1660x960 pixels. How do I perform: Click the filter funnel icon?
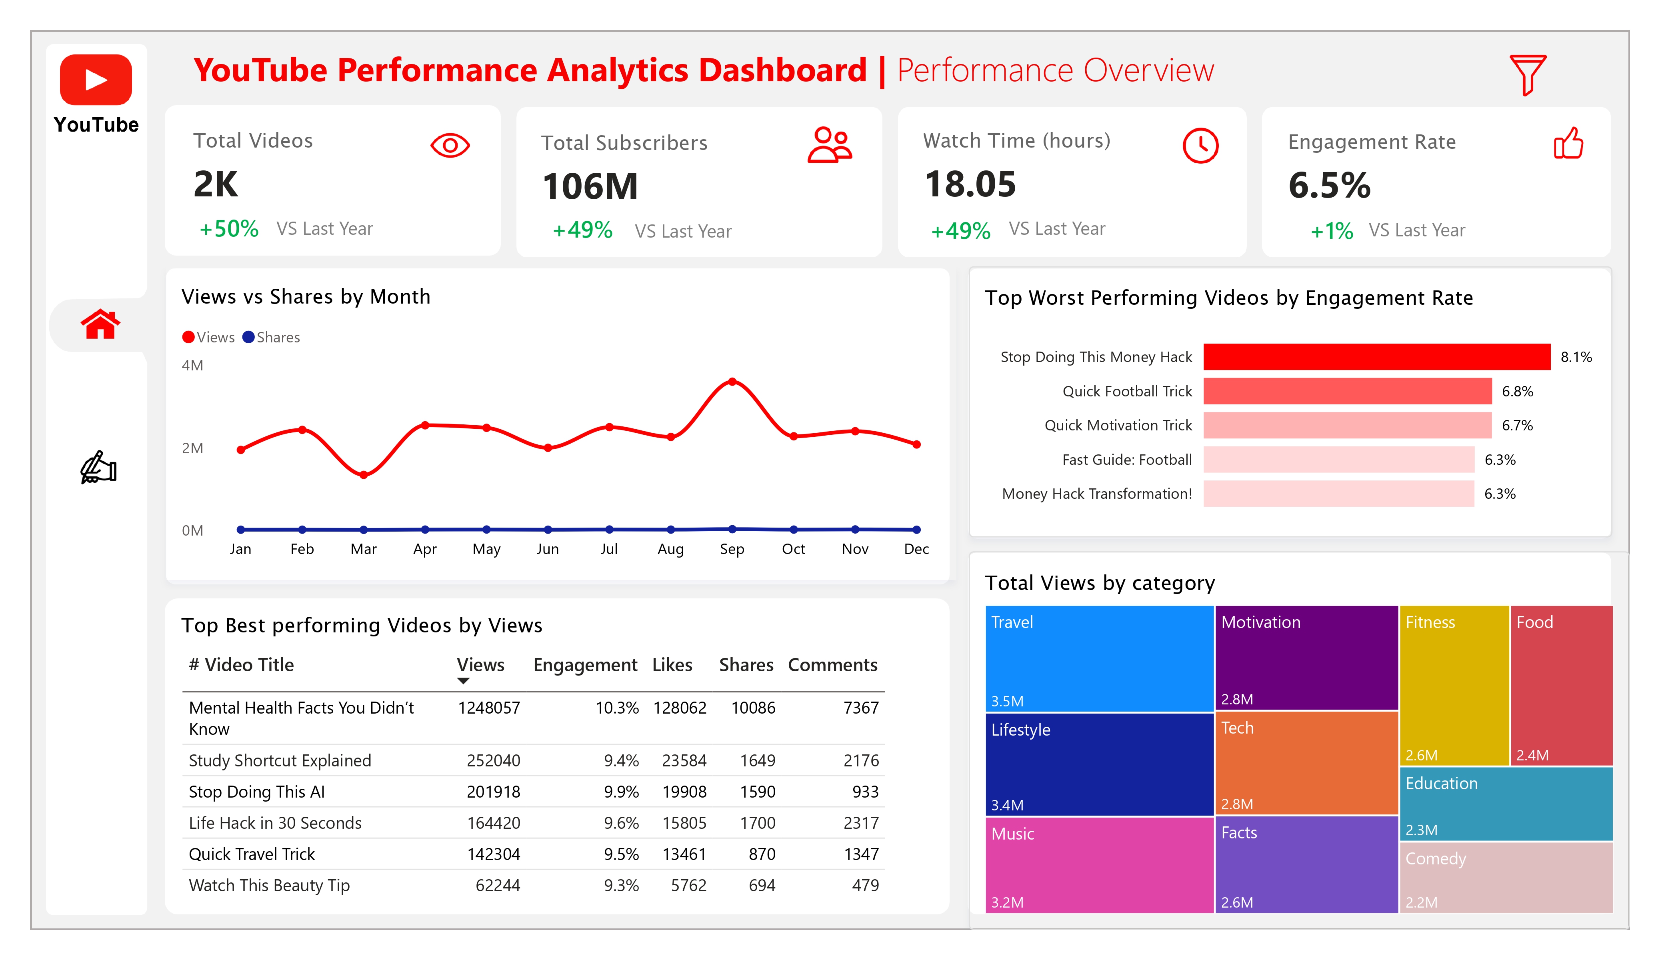pos(1526,74)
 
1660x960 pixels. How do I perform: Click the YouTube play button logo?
pos(96,80)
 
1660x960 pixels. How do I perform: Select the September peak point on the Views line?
pos(732,382)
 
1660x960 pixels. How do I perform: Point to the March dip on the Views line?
pos(364,474)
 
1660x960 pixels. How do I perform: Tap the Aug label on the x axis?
pos(670,549)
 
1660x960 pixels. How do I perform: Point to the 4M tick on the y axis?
pos(192,365)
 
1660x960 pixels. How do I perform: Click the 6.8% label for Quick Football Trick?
pos(1517,391)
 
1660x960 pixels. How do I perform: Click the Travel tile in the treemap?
pos(1099,658)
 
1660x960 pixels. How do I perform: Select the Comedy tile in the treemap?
pos(1505,877)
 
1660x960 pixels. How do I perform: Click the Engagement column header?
pos(585,665)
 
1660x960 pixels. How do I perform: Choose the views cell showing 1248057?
pos(489,708)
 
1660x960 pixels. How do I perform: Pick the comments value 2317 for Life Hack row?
pos(860,823)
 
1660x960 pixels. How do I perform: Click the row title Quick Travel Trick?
pos(252,854)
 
